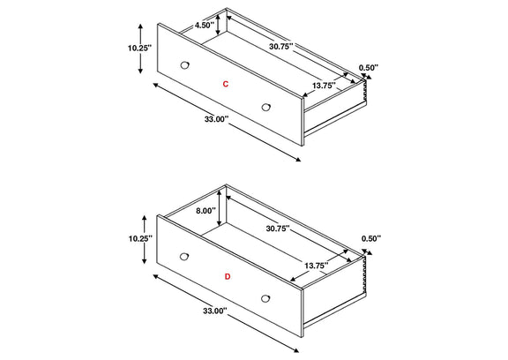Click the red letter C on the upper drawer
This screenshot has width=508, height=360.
226,84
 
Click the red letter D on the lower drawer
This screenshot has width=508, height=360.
228,277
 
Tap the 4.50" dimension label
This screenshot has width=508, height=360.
204,26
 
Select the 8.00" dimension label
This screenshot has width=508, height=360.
205,211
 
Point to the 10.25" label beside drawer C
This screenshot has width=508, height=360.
139,49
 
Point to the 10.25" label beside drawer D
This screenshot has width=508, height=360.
140,239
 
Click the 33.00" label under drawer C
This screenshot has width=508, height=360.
216,119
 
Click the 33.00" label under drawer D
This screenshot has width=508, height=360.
215,311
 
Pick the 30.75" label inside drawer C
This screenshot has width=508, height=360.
280,46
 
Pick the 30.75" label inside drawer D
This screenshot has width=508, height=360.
278,229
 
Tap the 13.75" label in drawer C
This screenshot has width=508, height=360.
324,86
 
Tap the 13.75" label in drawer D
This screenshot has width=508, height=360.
317,266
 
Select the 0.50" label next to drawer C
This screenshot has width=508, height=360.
369,68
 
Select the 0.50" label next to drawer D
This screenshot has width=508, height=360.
371,238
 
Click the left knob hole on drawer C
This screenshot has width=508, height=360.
184,64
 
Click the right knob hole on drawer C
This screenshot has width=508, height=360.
266,107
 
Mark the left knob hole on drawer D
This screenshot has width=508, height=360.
184,256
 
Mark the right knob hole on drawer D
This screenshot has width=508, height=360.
265,298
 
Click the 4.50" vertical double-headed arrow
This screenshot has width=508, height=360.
218,22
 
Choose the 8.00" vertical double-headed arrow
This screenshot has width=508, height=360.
220,207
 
